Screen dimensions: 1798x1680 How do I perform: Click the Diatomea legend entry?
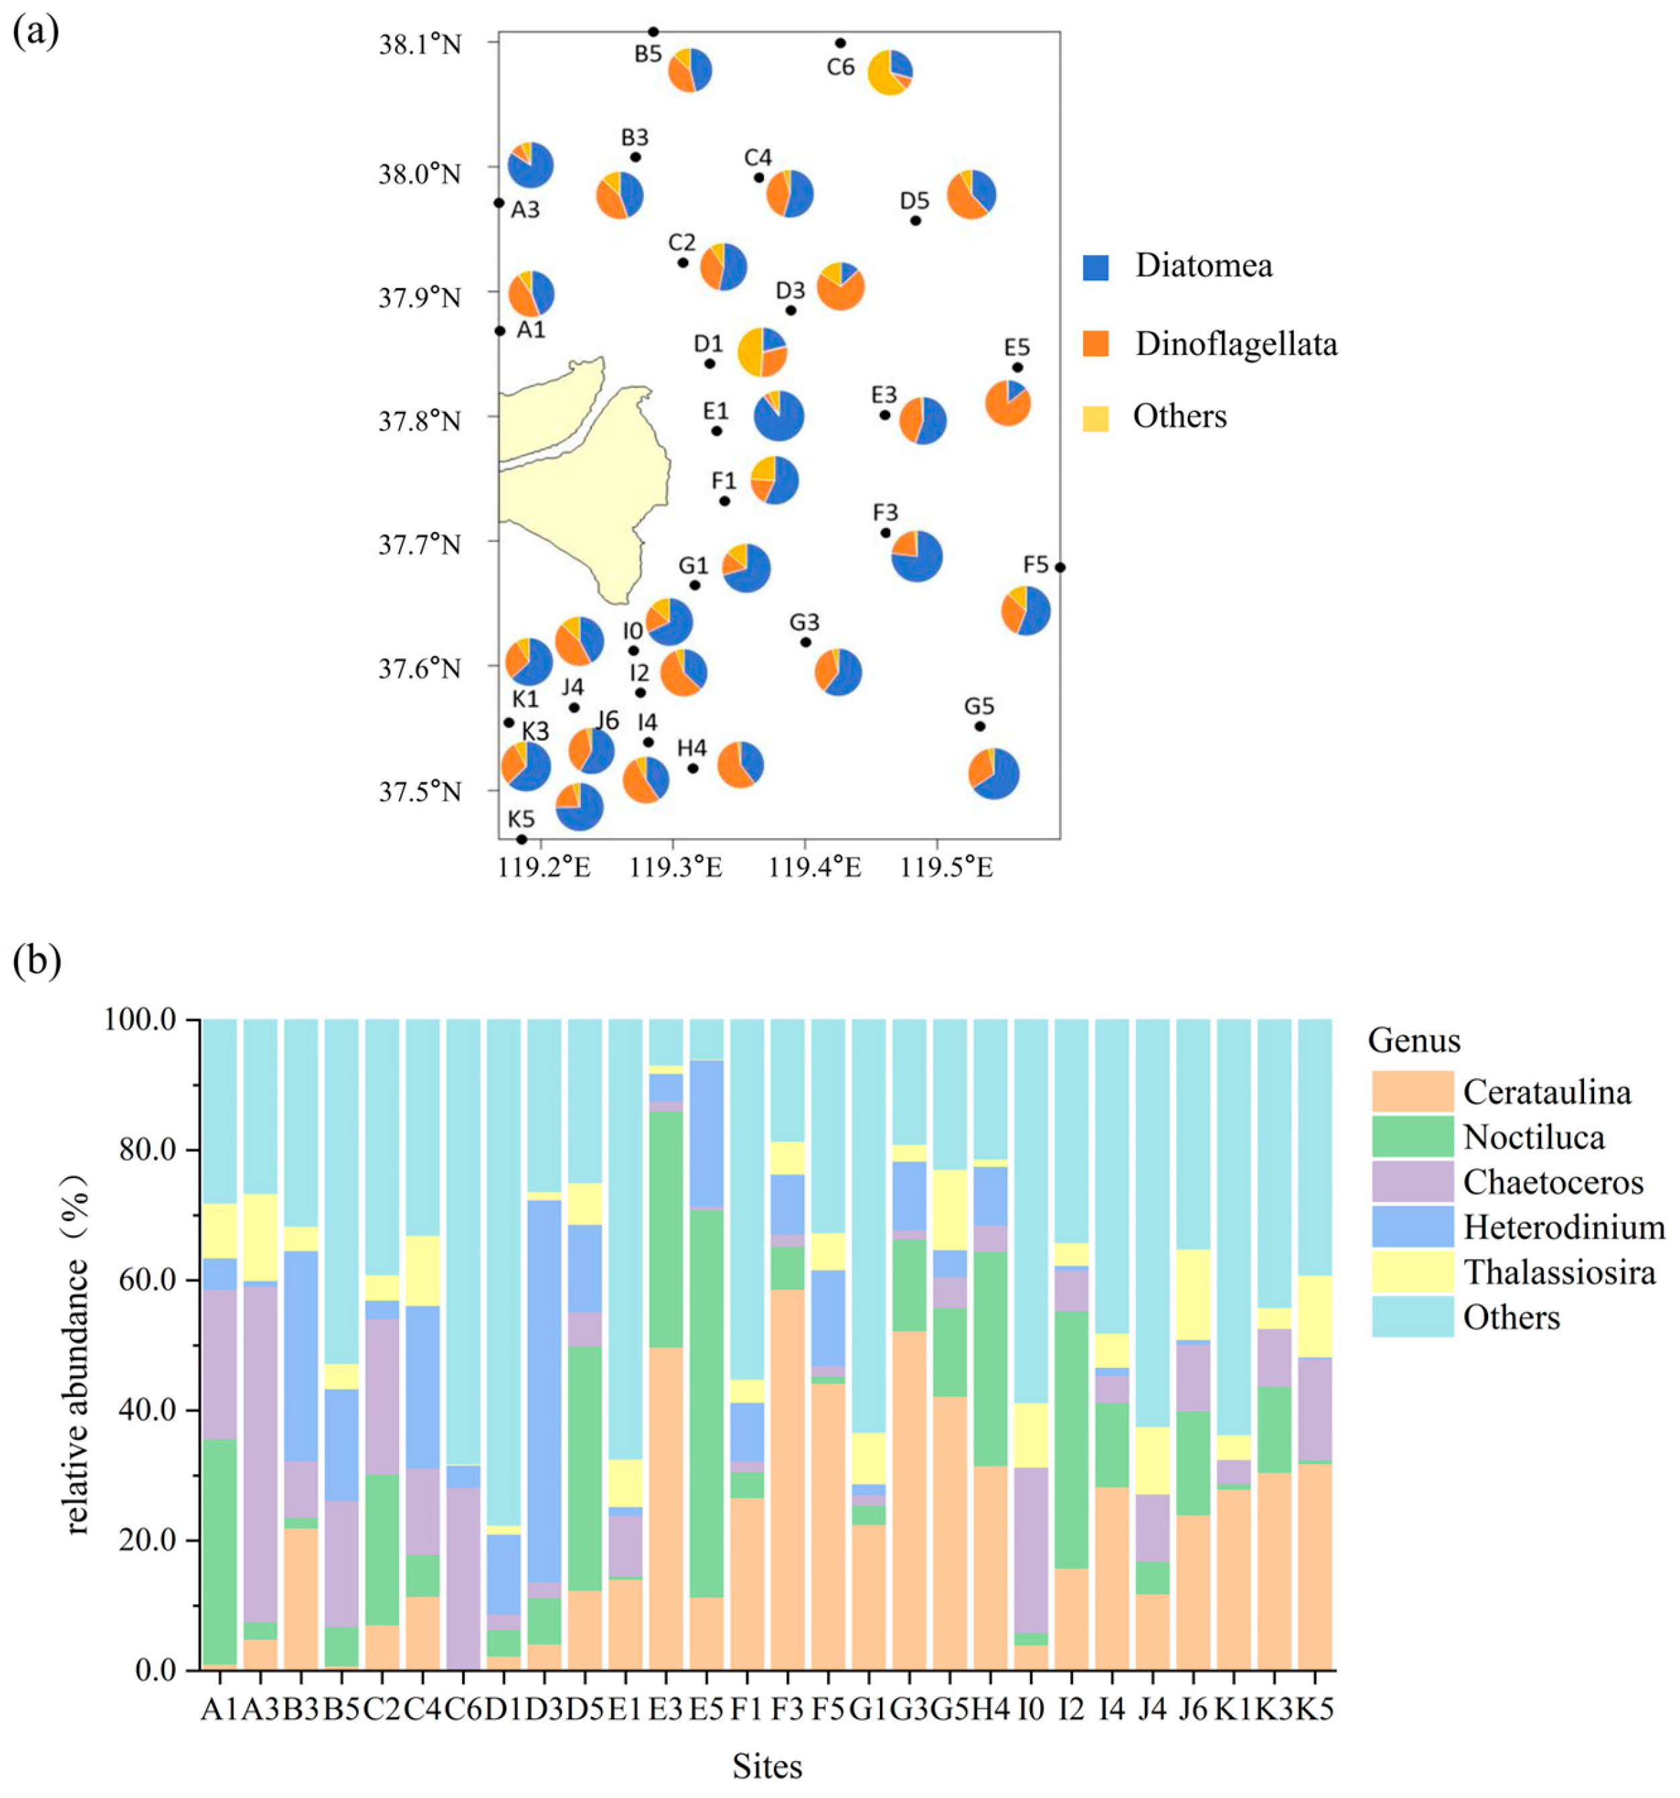(1202, 266)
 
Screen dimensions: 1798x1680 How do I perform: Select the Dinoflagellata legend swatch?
(1096, 343)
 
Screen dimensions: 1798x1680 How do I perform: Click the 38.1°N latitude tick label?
(420, 44)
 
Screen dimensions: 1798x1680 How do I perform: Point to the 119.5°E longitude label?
(947, 868)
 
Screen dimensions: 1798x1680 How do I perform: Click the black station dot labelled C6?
(840, 42)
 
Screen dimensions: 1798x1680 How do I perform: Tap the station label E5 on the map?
(1017, 348)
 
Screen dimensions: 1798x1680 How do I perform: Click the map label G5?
(979, 706)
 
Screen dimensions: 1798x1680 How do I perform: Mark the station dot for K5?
(522, 839)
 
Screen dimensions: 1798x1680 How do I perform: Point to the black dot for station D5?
(915, 221)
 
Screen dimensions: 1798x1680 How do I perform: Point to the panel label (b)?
(36, 961)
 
